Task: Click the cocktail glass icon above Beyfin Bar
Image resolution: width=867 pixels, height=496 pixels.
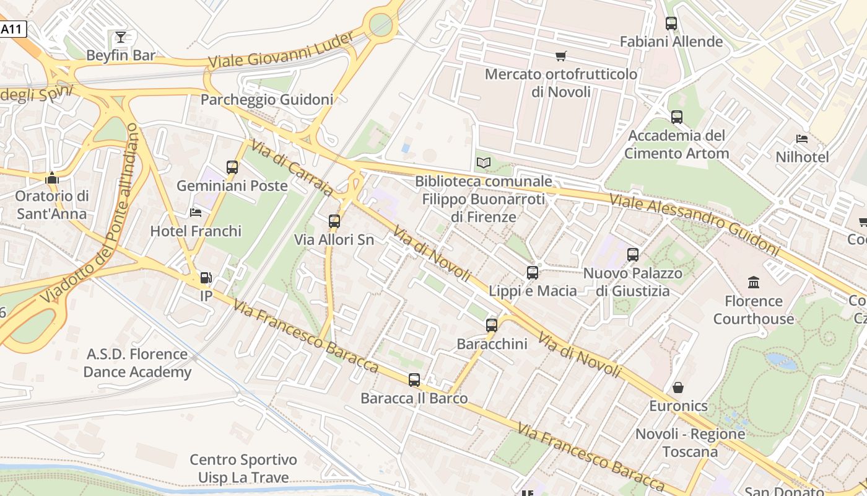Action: click(x=121, y=37)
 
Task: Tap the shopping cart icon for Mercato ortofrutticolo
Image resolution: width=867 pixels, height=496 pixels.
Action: click(x=561, y=56)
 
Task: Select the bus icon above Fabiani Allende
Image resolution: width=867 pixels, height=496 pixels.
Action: click(x=671, y=24)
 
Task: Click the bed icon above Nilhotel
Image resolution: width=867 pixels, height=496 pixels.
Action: click(x=802, y=139)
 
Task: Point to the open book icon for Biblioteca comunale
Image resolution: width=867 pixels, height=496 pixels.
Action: click(x=484, y=163)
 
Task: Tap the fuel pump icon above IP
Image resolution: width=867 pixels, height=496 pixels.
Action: click(x=206, y=278)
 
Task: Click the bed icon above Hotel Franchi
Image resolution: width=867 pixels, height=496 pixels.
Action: click(x=196, y=213)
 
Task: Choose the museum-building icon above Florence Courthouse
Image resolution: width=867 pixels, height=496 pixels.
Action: click(x=754, y=283)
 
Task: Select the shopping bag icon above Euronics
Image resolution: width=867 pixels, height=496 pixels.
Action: click(x=678, y=387)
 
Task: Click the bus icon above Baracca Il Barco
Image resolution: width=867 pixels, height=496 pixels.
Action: click(x=414, y=380)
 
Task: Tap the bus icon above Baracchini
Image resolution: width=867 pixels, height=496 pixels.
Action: click(x=492, y=325)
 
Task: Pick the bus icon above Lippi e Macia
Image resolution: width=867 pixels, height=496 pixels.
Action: click(x=533, y=272)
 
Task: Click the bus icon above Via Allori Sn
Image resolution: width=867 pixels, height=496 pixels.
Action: click(x=334, y=221)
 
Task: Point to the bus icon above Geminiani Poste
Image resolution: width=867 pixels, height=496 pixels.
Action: click(x=232, y=167)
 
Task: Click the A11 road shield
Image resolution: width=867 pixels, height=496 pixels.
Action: click(x=12, y=29)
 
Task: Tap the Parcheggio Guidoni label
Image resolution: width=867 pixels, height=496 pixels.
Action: click(x=267, y=99)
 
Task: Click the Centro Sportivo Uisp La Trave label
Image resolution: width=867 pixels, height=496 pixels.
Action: click(x=243, y=469)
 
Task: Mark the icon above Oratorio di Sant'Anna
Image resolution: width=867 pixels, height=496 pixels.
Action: click(x=52, y=178)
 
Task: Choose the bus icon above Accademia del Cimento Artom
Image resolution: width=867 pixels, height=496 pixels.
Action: click(x=677, y=117)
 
